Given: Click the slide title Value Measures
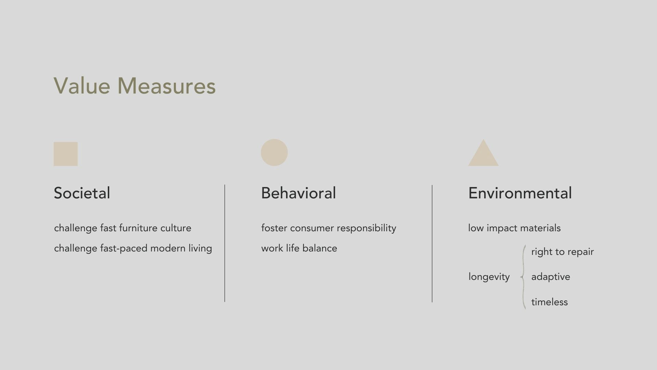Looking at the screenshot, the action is (x=134, y=86).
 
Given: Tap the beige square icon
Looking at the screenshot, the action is (x=66, y=154).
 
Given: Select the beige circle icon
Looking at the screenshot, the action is (x=274, y=152).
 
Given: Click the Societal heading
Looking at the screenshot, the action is (x=82, y=193).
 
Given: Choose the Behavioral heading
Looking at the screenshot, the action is (x=298, y=193).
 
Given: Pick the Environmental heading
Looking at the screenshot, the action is (x=520, y=193).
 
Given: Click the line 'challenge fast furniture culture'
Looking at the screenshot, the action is (x=123, y=228).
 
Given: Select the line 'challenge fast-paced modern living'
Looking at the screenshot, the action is (x=133, y=248).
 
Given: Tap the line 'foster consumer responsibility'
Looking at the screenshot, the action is (x=328, y=228).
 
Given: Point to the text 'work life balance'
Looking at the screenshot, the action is (x=299, y=248).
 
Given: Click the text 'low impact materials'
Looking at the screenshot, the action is (x=514, y=228).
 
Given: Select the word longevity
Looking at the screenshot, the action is (x=489, y=277).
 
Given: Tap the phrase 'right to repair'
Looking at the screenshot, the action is (x=563, y=252).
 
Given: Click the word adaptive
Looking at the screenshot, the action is (x=551, y=277).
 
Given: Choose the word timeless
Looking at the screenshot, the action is (x=549, y=302).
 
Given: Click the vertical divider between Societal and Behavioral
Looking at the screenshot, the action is (x=225, y=243).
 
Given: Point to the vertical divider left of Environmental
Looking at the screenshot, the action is (x=432, y=244).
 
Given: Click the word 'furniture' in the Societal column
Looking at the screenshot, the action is (x=138, y=228).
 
